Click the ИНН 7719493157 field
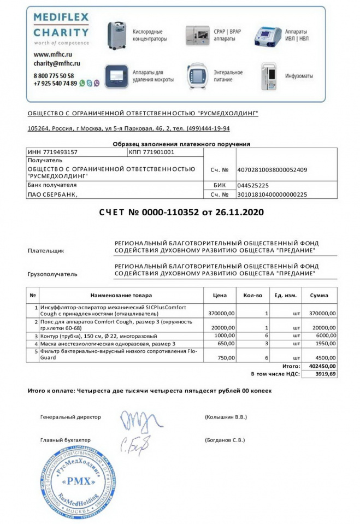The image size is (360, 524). point(52,152)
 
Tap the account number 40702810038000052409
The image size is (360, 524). point(272,170)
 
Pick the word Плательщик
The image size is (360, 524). point(45,251)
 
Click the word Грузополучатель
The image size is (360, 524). point(52,274)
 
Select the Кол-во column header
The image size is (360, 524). point(252,296)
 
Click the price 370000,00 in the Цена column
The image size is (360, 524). point(221,313)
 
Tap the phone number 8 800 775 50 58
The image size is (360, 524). point(54,75)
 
